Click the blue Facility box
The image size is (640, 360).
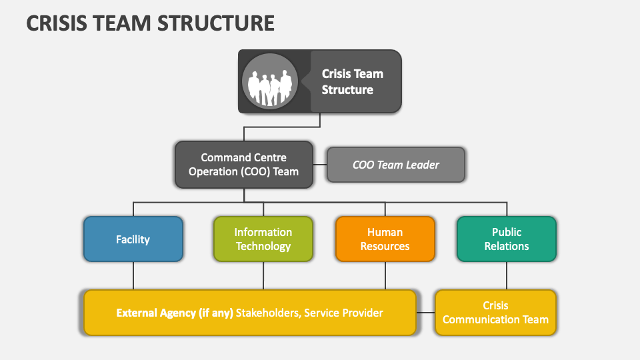pos(133,239)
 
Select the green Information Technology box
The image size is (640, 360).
pos(263,239)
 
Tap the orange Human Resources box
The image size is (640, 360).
pos(385,239)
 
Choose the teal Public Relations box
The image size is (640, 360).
pos(507,239)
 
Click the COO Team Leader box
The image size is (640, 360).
pos(396,165)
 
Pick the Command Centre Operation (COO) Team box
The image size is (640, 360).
pos(244,165)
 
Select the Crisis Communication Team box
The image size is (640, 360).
pos(495,313)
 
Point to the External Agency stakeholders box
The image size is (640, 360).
pos(250,313)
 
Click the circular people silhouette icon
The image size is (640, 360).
pos(270,81)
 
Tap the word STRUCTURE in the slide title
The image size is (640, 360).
pos(216,23)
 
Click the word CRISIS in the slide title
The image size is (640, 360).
pos(57,23)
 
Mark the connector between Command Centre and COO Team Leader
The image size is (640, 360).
pos(320,165)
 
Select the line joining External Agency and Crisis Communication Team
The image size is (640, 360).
pos(425,313)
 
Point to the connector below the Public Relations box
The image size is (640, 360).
pos(507,275)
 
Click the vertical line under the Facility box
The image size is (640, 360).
pos(133,275)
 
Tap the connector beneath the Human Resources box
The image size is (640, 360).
pos(385,275)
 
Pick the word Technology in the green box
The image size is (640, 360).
pos(263,247)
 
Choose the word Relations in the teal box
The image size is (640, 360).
pos(507,246)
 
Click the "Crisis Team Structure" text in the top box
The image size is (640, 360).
pos(352,81)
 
